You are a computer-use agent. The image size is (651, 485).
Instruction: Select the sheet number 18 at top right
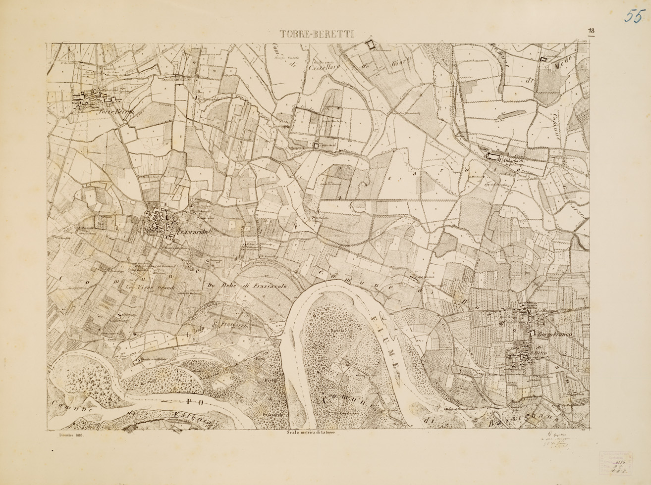[x=592, y=31]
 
